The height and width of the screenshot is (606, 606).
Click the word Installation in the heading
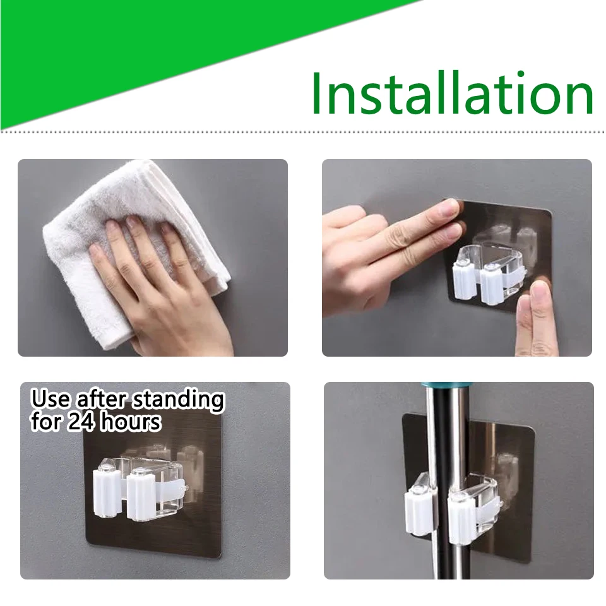pos(452,93)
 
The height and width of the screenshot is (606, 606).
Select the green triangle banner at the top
pos(126,44)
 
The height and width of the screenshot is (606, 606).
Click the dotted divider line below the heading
pos(303,131)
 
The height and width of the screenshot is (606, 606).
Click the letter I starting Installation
pos(317,93)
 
